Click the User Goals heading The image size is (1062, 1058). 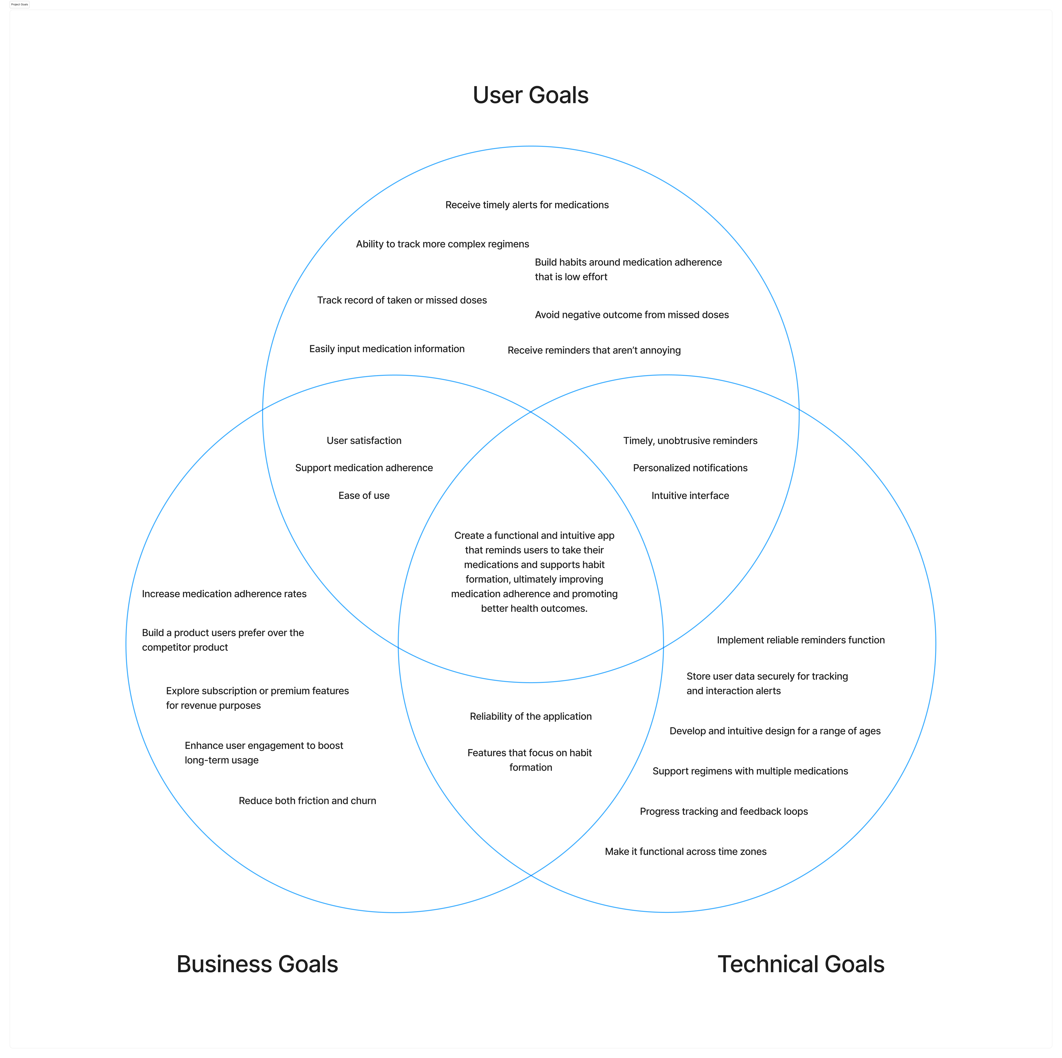click(531, 95)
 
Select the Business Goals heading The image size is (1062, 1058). click(257, 964)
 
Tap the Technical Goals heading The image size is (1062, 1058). click(801, 964)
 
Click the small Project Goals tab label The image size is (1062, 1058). click(19, 4)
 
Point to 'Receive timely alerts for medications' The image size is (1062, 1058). click(527, 205)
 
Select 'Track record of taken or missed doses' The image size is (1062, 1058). click(402, 300)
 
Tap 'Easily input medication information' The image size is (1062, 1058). click(386, 349)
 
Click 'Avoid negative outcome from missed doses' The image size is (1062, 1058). click(632, 315)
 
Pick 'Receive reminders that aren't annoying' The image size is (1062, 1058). click(594, 351)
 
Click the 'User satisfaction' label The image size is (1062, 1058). click(364, 441)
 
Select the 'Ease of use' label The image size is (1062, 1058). click(364, 496)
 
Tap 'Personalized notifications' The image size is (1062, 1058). click(690, 468)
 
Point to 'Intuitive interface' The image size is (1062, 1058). click(690, 496)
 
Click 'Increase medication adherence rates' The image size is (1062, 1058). click(224, 594)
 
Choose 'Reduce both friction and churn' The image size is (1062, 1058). click(307, 801)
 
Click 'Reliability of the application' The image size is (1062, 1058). click(531, 717)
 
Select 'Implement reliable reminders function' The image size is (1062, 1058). click(800, 640)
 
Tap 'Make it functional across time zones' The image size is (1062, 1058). click(685, 852)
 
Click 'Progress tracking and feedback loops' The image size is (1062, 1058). click(723, 812)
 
